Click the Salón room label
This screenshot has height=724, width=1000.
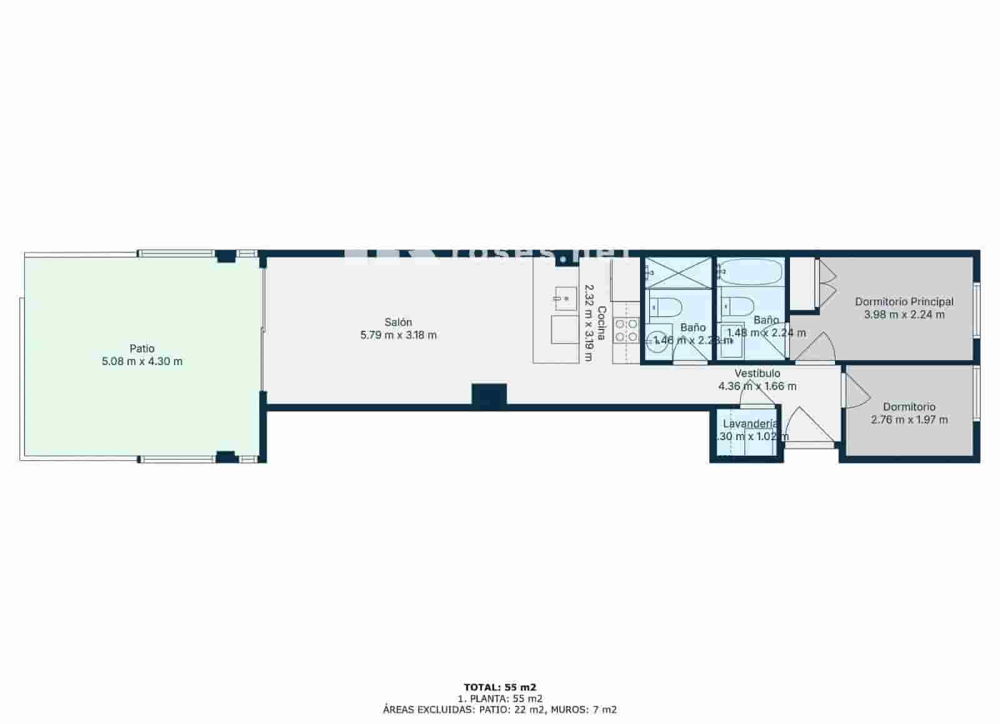tap(398, 322)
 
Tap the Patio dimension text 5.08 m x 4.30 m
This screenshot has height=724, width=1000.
tap(142, 361)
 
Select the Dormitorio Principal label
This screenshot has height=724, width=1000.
tap(904, 302)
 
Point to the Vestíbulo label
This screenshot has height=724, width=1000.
tap(757, 373)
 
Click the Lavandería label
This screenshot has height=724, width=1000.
tap(750, 424)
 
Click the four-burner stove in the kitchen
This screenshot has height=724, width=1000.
tap(626, 330)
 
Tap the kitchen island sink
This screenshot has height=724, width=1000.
tap(565, 298)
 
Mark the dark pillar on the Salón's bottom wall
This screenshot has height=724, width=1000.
tap(489, 396)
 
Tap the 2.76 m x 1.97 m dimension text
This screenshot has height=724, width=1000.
tap(909, 420)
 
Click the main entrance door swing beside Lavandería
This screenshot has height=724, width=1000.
tap(808, 425)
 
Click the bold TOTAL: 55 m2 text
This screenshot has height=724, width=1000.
tap(500, 687)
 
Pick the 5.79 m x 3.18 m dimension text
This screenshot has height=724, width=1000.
tap(398, 335)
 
